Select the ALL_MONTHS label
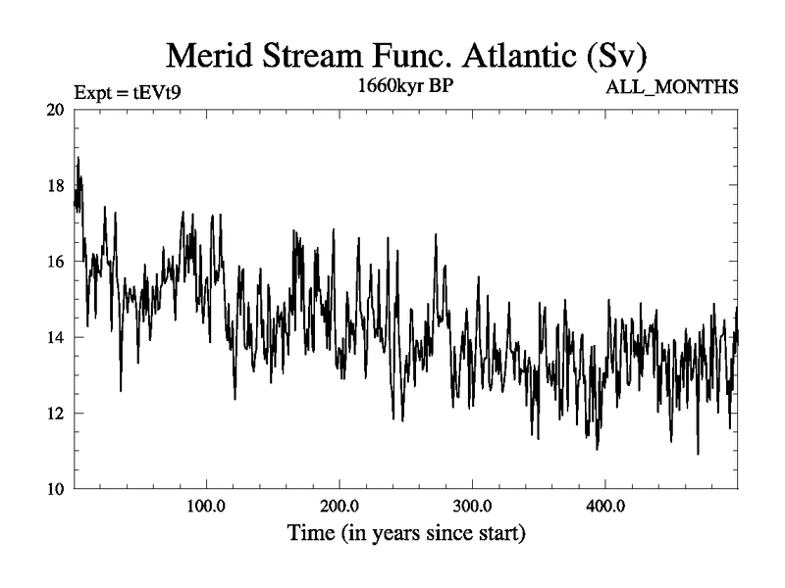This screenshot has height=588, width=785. (x=672, y=89)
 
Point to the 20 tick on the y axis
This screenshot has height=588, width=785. (x=56, y=110)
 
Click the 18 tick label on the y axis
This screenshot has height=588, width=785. (x=56, y=185)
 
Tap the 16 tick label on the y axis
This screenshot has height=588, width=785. (x=56, y=261)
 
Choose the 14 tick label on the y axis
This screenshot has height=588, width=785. (x=56, y=337)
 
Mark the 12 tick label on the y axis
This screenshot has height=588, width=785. (x=56, y=413)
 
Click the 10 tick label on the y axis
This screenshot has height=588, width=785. (x=56, y=488)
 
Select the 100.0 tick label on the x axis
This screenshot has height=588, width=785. (x=206, y=507)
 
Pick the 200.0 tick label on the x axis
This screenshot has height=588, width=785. (x=339, y=507)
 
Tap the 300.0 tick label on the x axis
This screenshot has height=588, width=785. (x=471, y=507)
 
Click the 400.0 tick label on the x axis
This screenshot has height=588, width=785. (x=603, y=507)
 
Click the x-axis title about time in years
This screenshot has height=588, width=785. (x=405, y=534)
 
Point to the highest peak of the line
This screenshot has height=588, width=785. (x=78, y=157)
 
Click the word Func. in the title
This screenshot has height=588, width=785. (x=397, y=54)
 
